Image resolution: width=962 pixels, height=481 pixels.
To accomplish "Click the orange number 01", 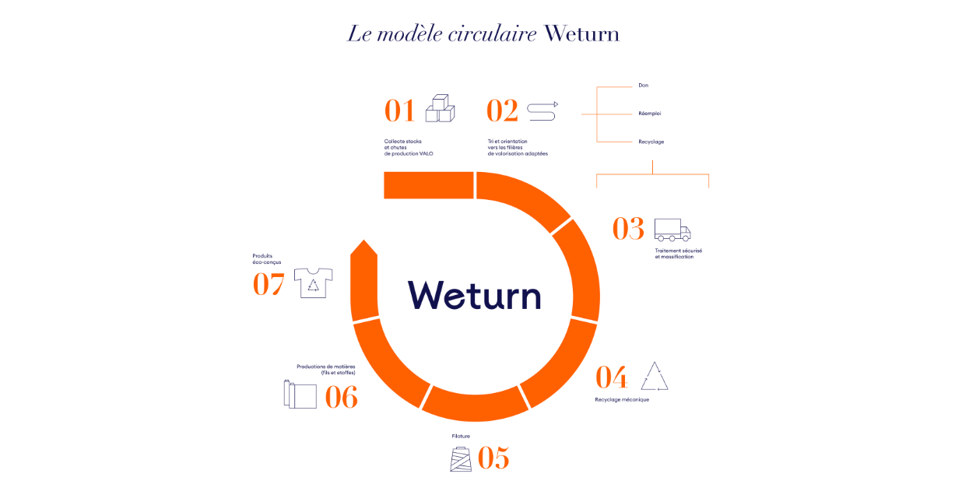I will pos(399,111).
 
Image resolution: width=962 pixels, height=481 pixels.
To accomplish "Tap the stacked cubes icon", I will pos(440,108).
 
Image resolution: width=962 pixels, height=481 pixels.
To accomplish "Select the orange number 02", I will pos(502,111).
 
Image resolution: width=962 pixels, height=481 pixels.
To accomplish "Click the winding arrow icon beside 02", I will pos(542,111).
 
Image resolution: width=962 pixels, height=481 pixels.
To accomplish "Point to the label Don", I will pos(643,85).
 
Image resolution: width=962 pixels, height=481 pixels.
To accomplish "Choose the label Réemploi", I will pos(649,114).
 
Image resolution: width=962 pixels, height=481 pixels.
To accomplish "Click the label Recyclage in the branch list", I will pos(651,142).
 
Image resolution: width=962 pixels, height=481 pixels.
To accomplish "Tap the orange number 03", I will pos(628,229).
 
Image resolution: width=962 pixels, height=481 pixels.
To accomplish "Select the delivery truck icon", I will pos(672,229).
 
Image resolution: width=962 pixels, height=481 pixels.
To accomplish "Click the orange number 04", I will pos(611,377).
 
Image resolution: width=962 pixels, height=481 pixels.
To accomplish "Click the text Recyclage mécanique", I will pos(621,399).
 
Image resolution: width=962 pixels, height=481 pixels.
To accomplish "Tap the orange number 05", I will pos(493,458).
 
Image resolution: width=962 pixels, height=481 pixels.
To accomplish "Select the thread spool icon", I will pos(461,458).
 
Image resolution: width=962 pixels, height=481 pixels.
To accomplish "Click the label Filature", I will pos(461,436).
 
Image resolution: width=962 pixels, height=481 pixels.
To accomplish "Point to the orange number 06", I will pos(341,398).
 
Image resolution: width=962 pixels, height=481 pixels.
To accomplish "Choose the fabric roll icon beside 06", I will pos(300,394).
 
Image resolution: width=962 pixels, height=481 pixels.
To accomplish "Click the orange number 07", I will pos(269,284).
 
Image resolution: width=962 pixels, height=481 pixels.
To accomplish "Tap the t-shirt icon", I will pos(313,283).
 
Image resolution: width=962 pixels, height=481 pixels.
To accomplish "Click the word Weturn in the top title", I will pos(581,33).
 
